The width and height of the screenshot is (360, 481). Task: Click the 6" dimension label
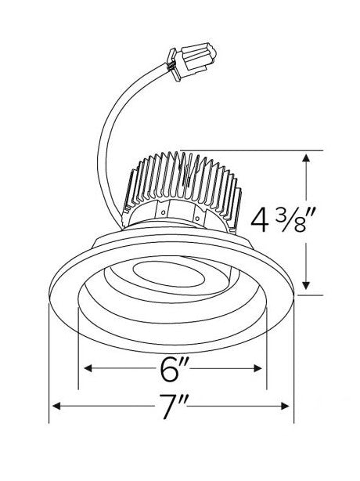click(172, 369)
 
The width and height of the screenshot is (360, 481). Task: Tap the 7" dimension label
click(171, 407)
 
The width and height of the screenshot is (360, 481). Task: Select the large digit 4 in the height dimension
click(260, 219)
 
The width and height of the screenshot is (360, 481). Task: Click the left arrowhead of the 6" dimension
click(88, 368)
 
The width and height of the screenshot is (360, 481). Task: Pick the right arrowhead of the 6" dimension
click(257, 368)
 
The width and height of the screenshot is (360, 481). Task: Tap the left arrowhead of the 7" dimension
click(56, 407)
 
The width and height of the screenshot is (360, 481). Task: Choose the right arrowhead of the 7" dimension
click(285, 407)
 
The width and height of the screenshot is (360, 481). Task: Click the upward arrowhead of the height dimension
click(306, 157)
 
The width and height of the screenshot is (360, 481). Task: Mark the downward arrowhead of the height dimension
click(306, 286)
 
